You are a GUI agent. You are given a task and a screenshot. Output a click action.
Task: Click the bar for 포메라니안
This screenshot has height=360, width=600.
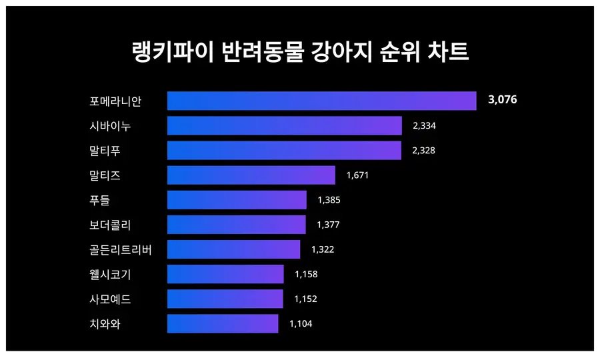pyautogui.click(x=321, y=101)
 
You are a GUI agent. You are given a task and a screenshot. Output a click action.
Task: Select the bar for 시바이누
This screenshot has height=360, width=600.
pyautogui.click(x=284, y=125)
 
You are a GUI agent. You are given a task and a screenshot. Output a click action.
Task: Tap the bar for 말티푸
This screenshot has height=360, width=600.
pyautogui.click(x=284, y=150)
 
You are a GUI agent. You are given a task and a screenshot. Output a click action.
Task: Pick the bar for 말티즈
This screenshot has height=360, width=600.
pyautogui.click(x=251, y=175)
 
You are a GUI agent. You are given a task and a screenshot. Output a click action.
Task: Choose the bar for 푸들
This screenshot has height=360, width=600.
pyautogui.click(x=237, y=200)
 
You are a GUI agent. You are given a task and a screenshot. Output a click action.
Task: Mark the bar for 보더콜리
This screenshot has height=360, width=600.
pyautogui.click(x=236, y=225)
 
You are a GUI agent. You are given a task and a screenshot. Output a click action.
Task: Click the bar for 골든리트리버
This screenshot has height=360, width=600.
pyautogui.click(x=233, y=249)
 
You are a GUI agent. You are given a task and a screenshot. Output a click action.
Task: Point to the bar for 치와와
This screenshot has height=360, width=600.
pyautogui.click(x=222, y=323)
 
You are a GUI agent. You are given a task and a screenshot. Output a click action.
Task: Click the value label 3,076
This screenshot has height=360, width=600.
pyautogui.click(x=503, y=100)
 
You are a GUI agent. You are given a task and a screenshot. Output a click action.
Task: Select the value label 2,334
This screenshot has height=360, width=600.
pyautogui.click(x=424, y=125)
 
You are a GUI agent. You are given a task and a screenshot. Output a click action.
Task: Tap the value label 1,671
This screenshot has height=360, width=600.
pyautogui.click(x=357, y=175)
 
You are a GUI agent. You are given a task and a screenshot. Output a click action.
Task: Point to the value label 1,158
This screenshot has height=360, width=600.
pyautogui.click(x=306, y=274)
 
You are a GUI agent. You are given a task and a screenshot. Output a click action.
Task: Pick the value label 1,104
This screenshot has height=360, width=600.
pyautogui.click(x=301, y=323)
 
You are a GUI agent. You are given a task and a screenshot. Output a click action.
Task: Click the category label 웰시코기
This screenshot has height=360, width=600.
pyautogui.click(x=110, y=274)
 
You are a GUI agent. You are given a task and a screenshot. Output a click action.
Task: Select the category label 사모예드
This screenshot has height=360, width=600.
pyautogui.click(x=110, y=299)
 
